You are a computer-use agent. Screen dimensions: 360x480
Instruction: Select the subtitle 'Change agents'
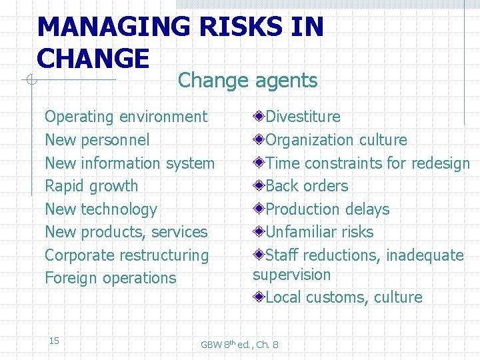(x=247, y=81)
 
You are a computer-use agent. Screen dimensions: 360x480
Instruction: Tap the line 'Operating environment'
(x=125, y=117)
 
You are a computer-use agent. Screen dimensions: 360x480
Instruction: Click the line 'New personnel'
(x=97, y=140)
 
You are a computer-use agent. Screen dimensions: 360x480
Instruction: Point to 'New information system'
(x=129, y=163)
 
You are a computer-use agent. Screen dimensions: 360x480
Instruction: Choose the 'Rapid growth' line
(x=91, y=186)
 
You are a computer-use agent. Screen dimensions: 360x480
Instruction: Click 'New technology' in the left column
(x=101, y=209)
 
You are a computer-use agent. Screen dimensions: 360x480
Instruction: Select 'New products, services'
(x=126, y=232)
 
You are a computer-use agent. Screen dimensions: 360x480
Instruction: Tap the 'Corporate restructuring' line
(x=127, y=255)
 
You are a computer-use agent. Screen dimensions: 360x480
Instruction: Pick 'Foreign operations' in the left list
(x=110, y=278)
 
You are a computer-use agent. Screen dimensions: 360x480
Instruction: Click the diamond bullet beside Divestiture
(x=259, y=117)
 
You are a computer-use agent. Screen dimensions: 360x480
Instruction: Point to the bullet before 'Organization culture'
(x=259, y=140)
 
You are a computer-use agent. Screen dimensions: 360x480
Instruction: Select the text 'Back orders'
(x=307, y=186)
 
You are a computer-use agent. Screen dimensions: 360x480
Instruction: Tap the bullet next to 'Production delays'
(x=259, y=209)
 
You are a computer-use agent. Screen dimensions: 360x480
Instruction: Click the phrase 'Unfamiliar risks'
(x=319, y=232)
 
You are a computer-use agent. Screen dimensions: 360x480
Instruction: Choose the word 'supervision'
(x=291, y=275)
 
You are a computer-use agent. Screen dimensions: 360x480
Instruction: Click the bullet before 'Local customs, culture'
(x=259, y=297)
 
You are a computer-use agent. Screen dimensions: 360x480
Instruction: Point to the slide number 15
(x=54, y=341)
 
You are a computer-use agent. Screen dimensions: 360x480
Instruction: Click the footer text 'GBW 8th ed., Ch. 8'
(x=240, y=344)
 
